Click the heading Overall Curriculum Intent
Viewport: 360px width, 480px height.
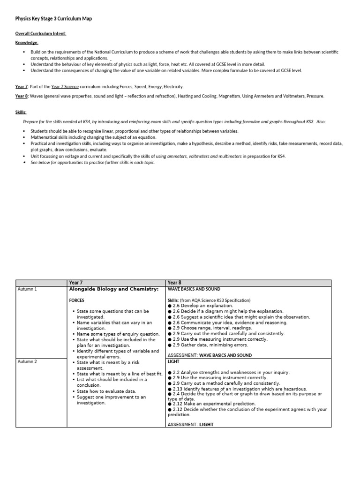click(41, 34)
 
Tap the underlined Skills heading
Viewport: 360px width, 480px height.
click(21, 112)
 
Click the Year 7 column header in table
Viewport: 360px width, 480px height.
click(76, 283)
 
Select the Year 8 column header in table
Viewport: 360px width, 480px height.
click(174, 283)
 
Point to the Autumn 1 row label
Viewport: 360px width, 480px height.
click(27, 289)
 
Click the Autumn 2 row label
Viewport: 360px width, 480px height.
click(27, 362)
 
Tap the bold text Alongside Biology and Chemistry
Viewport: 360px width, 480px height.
click(114, 289)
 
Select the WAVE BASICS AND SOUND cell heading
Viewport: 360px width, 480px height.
click(194, 289)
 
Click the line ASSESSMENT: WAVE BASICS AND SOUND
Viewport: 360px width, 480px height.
click(210, 355)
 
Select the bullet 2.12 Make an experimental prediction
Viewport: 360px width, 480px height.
click(211, 404)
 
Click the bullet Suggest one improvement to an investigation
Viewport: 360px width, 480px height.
click(112, 400)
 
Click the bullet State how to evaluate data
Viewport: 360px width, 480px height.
click(106, 391)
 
